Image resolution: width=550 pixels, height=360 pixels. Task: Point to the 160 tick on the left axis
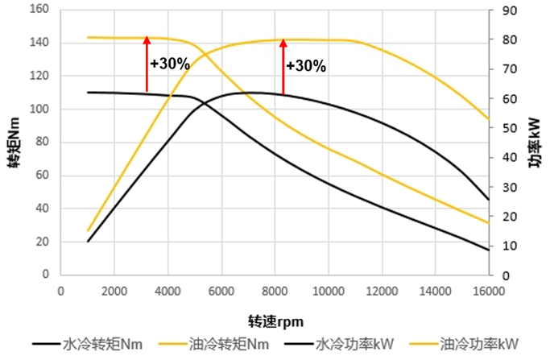pos(40,10)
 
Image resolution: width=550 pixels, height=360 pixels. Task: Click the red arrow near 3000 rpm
pos(147,64)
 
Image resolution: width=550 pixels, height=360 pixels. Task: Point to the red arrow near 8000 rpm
pos(283,66)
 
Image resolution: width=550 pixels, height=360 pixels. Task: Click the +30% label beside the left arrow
pos(170,62)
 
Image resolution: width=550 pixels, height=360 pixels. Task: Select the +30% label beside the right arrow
pos(306,66)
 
